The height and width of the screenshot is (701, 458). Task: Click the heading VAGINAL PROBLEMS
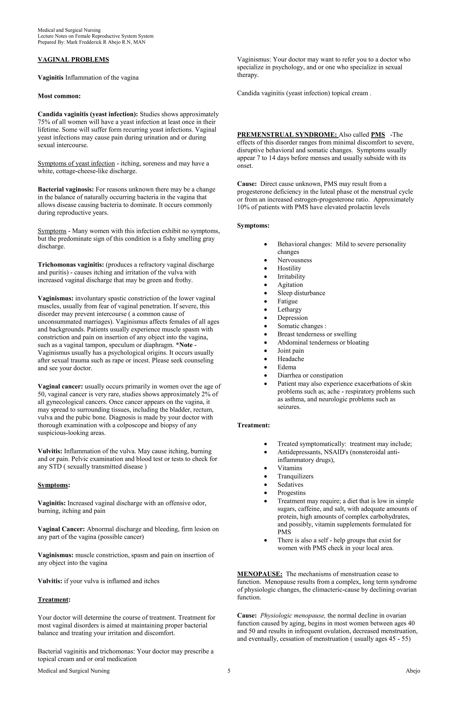click(x=73, y=60)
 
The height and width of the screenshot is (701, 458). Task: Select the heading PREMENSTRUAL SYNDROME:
click(x=287, y=135)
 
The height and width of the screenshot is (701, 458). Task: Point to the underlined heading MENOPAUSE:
click(x=260, y=574)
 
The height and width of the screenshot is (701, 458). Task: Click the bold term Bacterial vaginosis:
click(x=66, y=189)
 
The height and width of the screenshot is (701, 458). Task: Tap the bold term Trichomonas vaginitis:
click(x=71, y=265)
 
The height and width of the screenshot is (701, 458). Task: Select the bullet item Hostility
click(x=289, y=268)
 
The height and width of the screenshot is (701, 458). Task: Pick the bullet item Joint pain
click(x=290, y=350)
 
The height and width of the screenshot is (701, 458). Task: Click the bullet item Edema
click(x=287, y=367)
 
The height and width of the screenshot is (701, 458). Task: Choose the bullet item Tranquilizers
click(x=295, y=476)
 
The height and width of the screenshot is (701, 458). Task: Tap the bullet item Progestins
click(x=291, y=493)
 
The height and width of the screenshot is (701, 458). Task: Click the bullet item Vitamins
click(x=290, y=468)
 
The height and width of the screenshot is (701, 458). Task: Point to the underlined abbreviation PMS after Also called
click(x=378, y=135)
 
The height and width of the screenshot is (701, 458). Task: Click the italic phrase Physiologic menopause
click(x=293, y=615)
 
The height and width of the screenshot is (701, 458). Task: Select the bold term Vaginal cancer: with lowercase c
click(x=60, y=387)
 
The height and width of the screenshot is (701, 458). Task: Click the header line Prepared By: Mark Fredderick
click(x=91, y=42)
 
